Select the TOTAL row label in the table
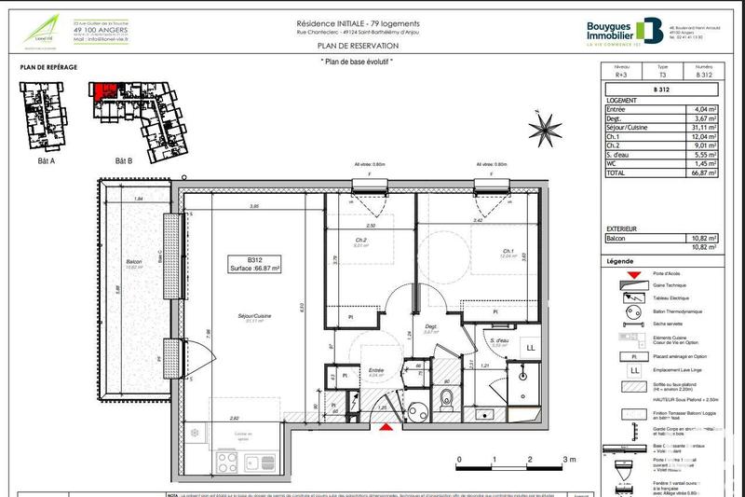click(618, 173)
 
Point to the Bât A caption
click(46, 160)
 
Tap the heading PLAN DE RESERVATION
click(358, 45)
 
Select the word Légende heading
click(620, 261)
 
